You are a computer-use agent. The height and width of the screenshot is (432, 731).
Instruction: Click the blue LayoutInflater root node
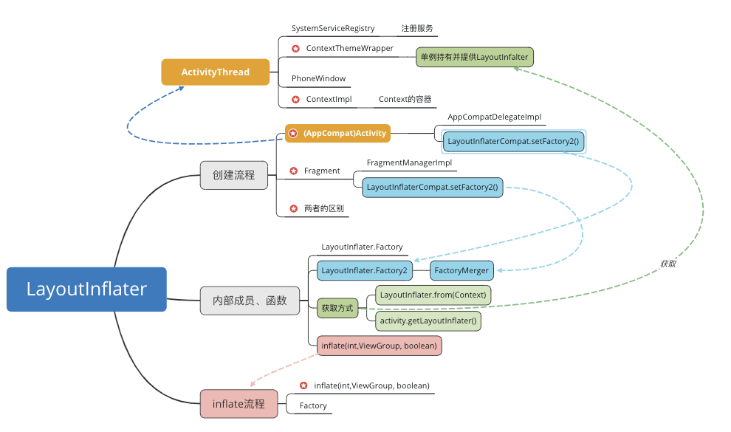tap(86, 289)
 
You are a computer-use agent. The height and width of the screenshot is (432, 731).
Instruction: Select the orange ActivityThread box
tap(215, 72)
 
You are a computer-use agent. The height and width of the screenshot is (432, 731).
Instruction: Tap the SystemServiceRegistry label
tap(333, 29)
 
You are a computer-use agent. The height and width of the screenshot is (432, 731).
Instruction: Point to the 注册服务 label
tap(417, 29)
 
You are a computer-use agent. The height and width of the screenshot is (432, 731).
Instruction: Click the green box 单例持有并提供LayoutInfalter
tap(473, 57)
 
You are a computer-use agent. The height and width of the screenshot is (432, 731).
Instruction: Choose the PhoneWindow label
tap(318, 78)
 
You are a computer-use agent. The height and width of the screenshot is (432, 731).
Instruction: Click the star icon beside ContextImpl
tap(295, 99)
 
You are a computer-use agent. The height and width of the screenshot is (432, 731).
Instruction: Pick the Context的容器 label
tap(405, 99)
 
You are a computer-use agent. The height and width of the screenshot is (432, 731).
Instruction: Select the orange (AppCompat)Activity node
tap(337, 134)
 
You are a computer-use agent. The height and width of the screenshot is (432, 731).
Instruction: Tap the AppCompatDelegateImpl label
tap(494, 117)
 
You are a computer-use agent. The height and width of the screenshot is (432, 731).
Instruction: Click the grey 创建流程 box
tap(233, 175)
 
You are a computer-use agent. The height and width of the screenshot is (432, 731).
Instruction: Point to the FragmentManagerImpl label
tap(409, 162)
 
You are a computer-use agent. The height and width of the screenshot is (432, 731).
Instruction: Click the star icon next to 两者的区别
tap(294, 209)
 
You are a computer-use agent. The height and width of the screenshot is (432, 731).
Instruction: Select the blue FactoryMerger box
tap(462, 271)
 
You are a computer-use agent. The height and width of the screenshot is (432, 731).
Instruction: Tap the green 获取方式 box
tap(337, 308)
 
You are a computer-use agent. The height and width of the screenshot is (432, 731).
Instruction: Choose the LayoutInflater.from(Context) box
tap(433, 295)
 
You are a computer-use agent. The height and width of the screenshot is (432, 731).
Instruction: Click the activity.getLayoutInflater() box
tap(428, 320)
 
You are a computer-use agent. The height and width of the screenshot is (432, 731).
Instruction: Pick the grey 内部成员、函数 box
tap(250, 301)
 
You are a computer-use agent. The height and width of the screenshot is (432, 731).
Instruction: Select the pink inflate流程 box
tap(238, 404)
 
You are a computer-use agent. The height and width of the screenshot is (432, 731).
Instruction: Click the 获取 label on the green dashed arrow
tap(668, 263)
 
